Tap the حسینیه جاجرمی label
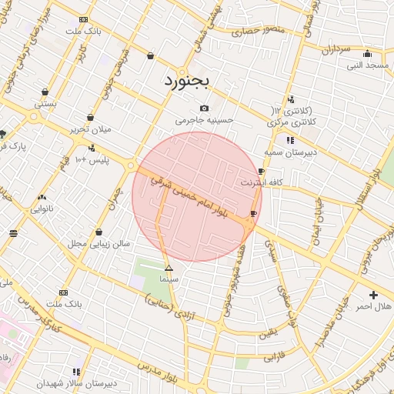coord(204,120)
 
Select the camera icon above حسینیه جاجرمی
coord(204,109)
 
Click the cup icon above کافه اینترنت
coord(262,172)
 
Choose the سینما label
coord(169,279)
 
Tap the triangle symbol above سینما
coord(169,268)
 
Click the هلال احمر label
coord(373,306)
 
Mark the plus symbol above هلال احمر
coord(373,295)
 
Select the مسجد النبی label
coord(367,65)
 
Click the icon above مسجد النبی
coord(367,54)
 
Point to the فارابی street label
coord(274,358)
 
